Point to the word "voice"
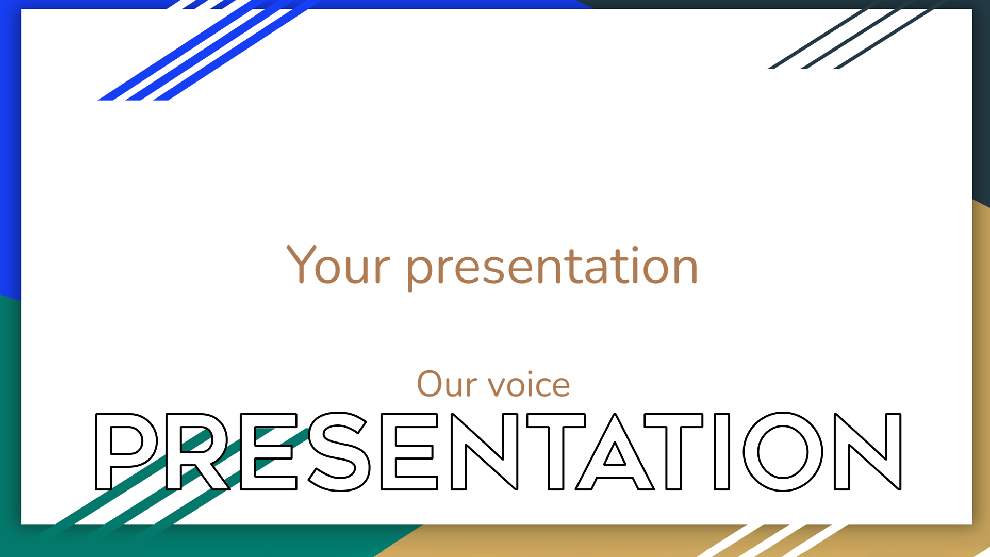tap(529, 384)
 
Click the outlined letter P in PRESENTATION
tap(103, 452)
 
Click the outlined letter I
tap(722, 452)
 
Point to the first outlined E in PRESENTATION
tap(247, 452)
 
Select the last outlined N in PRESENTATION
tap(843, 452)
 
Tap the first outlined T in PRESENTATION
tap(556, 452)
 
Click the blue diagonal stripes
tap(206, 52)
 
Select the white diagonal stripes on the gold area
tap(773, 540)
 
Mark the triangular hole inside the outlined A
tap(615, 456)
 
